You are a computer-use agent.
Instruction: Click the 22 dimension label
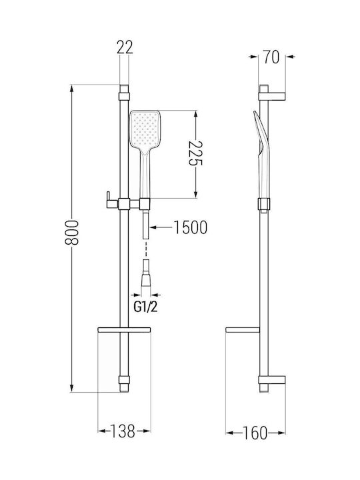pyautogui.click(x=125, y=47)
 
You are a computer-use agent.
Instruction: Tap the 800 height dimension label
pyautogui.click(x=72, y=233)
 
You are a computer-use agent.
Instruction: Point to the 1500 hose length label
pyautogui.click(x=191, y=227)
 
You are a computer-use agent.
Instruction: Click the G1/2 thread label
pyautogui.click(x=146, y=307)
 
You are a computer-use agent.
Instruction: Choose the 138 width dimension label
pyautogui.click(x=123, y=431)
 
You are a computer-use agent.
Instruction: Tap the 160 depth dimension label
pyautogui.click(x=255, y=433)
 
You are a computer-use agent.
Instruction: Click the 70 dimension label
pyautogui.click(x=271, y=57)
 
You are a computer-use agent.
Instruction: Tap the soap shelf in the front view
pyautogui.click(x=124, y=330)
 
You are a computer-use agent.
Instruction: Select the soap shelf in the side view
pyautogui.click(x=243, y=330)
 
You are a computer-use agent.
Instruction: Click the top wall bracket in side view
pyautogui.click(x=272, y=96)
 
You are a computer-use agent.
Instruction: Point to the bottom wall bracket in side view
pyautogui.click(x=272, y=380)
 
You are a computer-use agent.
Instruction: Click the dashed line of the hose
pyautogui.click(x=146, y=249)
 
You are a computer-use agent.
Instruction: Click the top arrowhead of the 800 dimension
pyautogui.click(x=72, y=88)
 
